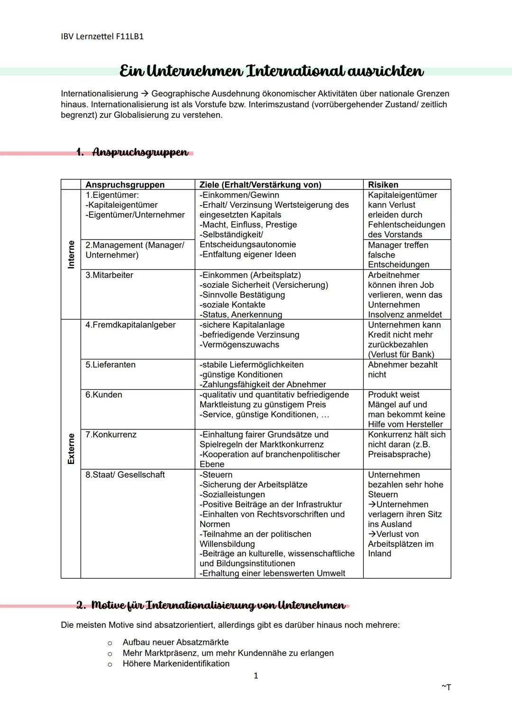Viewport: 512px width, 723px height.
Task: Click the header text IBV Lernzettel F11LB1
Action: point(102,36)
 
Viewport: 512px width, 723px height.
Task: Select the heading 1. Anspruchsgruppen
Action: point(132,152)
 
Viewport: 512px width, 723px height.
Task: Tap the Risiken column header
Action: point(383,185)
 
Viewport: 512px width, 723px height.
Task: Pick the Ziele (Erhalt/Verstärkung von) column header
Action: point(260,185)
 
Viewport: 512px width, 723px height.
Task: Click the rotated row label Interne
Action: point(71,254)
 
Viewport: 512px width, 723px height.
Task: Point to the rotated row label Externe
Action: point(71,448)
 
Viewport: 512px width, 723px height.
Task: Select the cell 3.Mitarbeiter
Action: point(109,275)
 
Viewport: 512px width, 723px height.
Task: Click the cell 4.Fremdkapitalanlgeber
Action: point(130,325)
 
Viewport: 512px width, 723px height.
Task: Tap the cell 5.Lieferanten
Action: point(110,365)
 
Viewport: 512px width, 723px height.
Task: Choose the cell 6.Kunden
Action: point(104,394)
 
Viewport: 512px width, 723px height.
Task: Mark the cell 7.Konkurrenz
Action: point(111,434)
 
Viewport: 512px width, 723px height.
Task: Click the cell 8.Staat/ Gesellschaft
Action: point(125,474)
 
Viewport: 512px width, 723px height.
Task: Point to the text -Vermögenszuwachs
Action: point(239,345)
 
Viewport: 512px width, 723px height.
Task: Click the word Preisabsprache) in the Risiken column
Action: point(399,454)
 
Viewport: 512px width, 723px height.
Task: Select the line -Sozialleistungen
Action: point(232,494)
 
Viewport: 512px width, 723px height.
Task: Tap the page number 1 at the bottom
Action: point(256,676)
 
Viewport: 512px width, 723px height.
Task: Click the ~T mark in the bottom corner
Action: point(446,687)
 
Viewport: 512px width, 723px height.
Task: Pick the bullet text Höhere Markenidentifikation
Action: point(176,663)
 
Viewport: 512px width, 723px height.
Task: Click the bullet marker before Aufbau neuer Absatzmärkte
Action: point(110,643)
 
